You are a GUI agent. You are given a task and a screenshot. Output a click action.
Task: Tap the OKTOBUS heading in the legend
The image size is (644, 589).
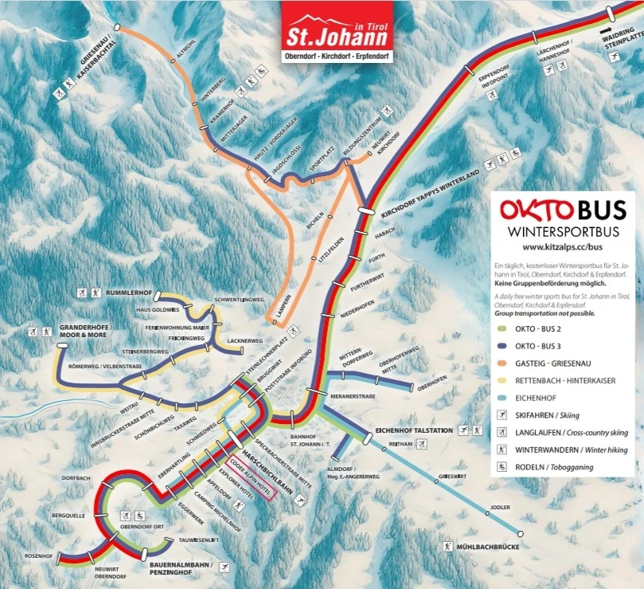pos(563,210)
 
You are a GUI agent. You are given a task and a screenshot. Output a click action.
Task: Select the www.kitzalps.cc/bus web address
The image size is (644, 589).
pos(563,247)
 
